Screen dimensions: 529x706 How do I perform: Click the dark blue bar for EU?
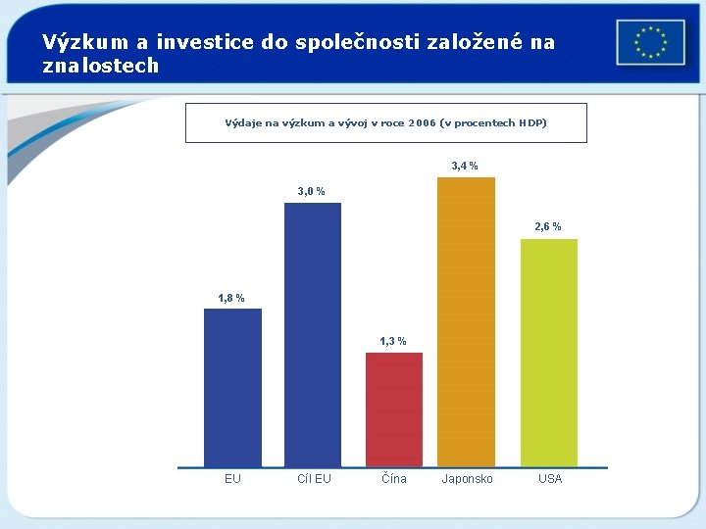point(232,387)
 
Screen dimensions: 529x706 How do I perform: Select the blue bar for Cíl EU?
point(313,333)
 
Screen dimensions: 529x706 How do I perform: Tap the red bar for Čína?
point(394,409)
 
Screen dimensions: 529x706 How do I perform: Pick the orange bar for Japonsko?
point(466,321)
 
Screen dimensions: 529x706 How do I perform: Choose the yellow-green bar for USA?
point(548,352)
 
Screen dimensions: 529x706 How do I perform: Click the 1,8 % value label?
point(231,298)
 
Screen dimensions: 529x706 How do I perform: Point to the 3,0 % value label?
point(312,192)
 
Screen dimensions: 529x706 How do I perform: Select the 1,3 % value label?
point(393,341)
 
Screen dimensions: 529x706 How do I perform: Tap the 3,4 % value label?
point(465,167)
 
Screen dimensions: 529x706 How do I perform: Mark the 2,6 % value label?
point(548,227)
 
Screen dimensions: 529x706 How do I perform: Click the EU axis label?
point(232,479)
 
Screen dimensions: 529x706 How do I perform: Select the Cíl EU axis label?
point(314,479)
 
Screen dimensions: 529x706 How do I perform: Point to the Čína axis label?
point(394,479)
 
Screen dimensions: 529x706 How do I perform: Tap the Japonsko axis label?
point(468,479)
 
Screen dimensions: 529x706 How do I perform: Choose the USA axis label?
point(550,479)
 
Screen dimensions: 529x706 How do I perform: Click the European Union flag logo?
point(650,42)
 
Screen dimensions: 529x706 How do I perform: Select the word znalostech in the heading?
point(100,66)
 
